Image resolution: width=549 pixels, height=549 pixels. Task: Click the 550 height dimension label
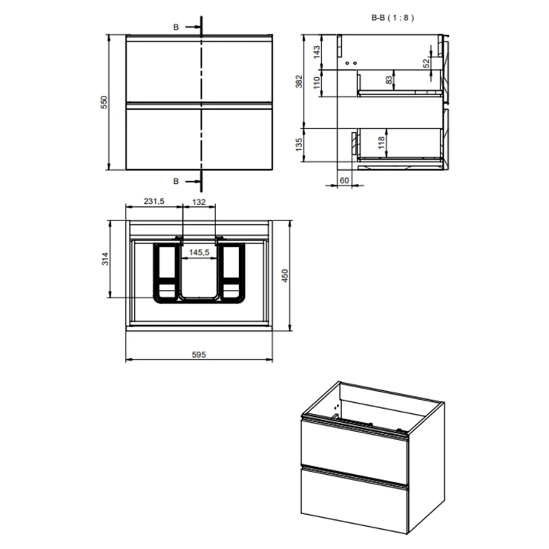[105, 102]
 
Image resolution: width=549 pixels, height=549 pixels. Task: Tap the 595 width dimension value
[199, 355]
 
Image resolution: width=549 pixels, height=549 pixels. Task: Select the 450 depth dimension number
[285, 275]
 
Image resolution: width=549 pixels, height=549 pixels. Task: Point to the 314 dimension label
[105, 259]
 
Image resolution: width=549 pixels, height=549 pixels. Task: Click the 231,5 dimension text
[154, 201]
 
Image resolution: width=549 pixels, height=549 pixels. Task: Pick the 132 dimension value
[199, 202]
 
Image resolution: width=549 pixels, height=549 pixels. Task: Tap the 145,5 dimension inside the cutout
[200, 252]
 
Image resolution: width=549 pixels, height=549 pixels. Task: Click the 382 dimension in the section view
[299, 81]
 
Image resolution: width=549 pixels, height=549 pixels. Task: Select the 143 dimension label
[317, 52]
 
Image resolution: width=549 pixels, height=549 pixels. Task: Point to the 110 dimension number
[317, 82]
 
